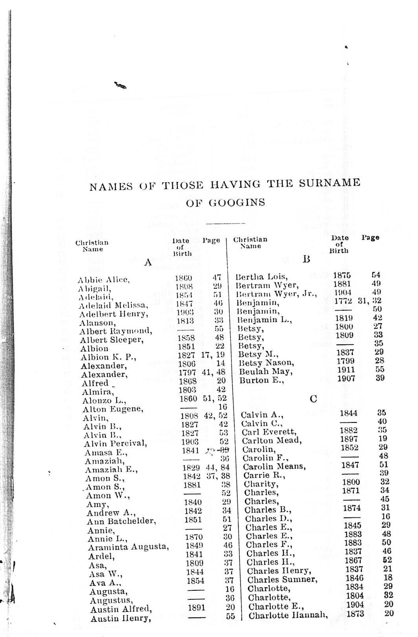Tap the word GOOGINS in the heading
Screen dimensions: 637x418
pos(237,202)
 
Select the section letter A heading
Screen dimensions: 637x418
pos(148,262)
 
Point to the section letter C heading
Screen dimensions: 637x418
pos(313,399)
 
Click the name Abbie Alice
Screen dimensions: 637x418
pos(104,280)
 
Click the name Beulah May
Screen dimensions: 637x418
pos(266,371)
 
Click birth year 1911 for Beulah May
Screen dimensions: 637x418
pos(346,369)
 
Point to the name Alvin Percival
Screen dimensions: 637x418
pos(115,444)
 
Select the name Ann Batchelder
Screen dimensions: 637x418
pos(121,521)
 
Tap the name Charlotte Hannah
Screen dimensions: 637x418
pos(288,615)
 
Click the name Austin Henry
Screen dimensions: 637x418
pos(120,619)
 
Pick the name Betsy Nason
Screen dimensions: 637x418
pos(266,362)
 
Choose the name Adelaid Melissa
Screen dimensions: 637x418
pos(113,305)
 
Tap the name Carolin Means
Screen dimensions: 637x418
pos(274,466)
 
